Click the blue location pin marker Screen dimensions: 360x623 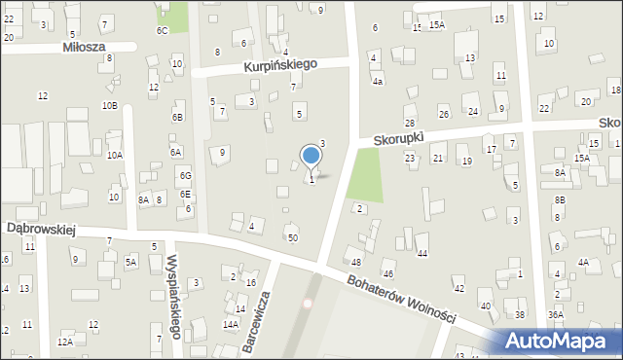[x=311, y=157]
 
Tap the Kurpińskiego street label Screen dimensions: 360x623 [x=281, y=65]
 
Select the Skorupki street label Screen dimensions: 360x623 [x=401, y=140]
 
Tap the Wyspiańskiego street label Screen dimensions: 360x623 [x=174, y=296]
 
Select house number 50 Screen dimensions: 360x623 [x=292, y=237]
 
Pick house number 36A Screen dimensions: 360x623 [x=555, y=314]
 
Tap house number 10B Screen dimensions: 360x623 [x=109, y=105]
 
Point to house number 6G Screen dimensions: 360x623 [x=185, y=175]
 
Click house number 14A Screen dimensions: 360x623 [x=230, y=324]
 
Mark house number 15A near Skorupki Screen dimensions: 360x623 [x=581, y=158]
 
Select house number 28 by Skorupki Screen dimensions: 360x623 [x=410, y=123]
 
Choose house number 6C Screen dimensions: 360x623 [x=163, y=30]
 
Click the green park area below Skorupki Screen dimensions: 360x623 [x=364, y=174]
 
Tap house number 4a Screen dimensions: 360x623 [x=378, y=82]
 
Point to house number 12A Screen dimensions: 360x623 [x=64, y=342]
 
